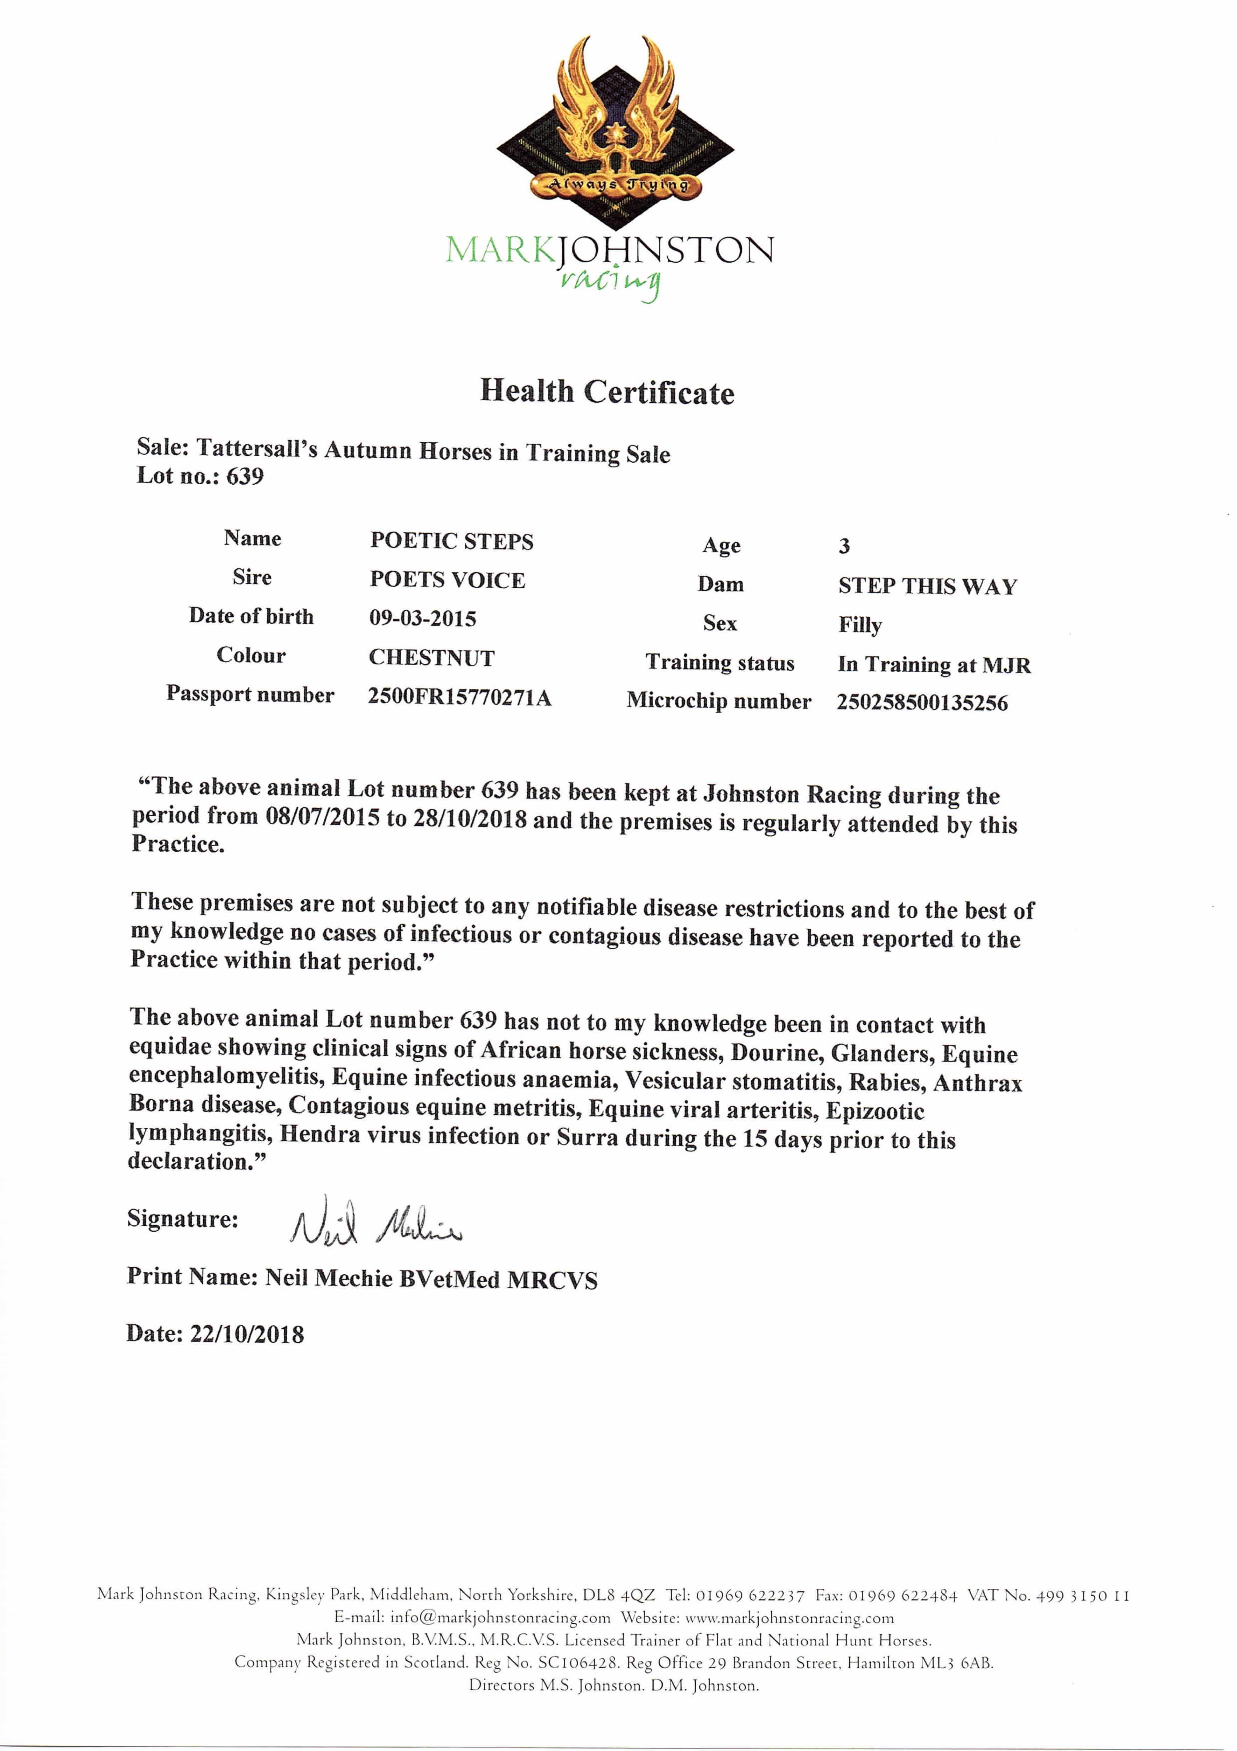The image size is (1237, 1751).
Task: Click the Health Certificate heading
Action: (607, 392)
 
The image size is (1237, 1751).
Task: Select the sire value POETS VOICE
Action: (448, 580)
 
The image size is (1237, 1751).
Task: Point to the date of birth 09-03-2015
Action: (423, 618)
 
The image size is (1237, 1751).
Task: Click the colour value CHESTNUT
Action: (431, 657)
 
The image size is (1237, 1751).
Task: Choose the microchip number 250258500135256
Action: (922, 703)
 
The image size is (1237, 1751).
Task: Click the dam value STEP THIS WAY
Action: (928, 587)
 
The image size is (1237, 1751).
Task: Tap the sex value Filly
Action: (860, 625)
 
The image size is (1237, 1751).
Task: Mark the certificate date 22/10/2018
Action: (247, 1335)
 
